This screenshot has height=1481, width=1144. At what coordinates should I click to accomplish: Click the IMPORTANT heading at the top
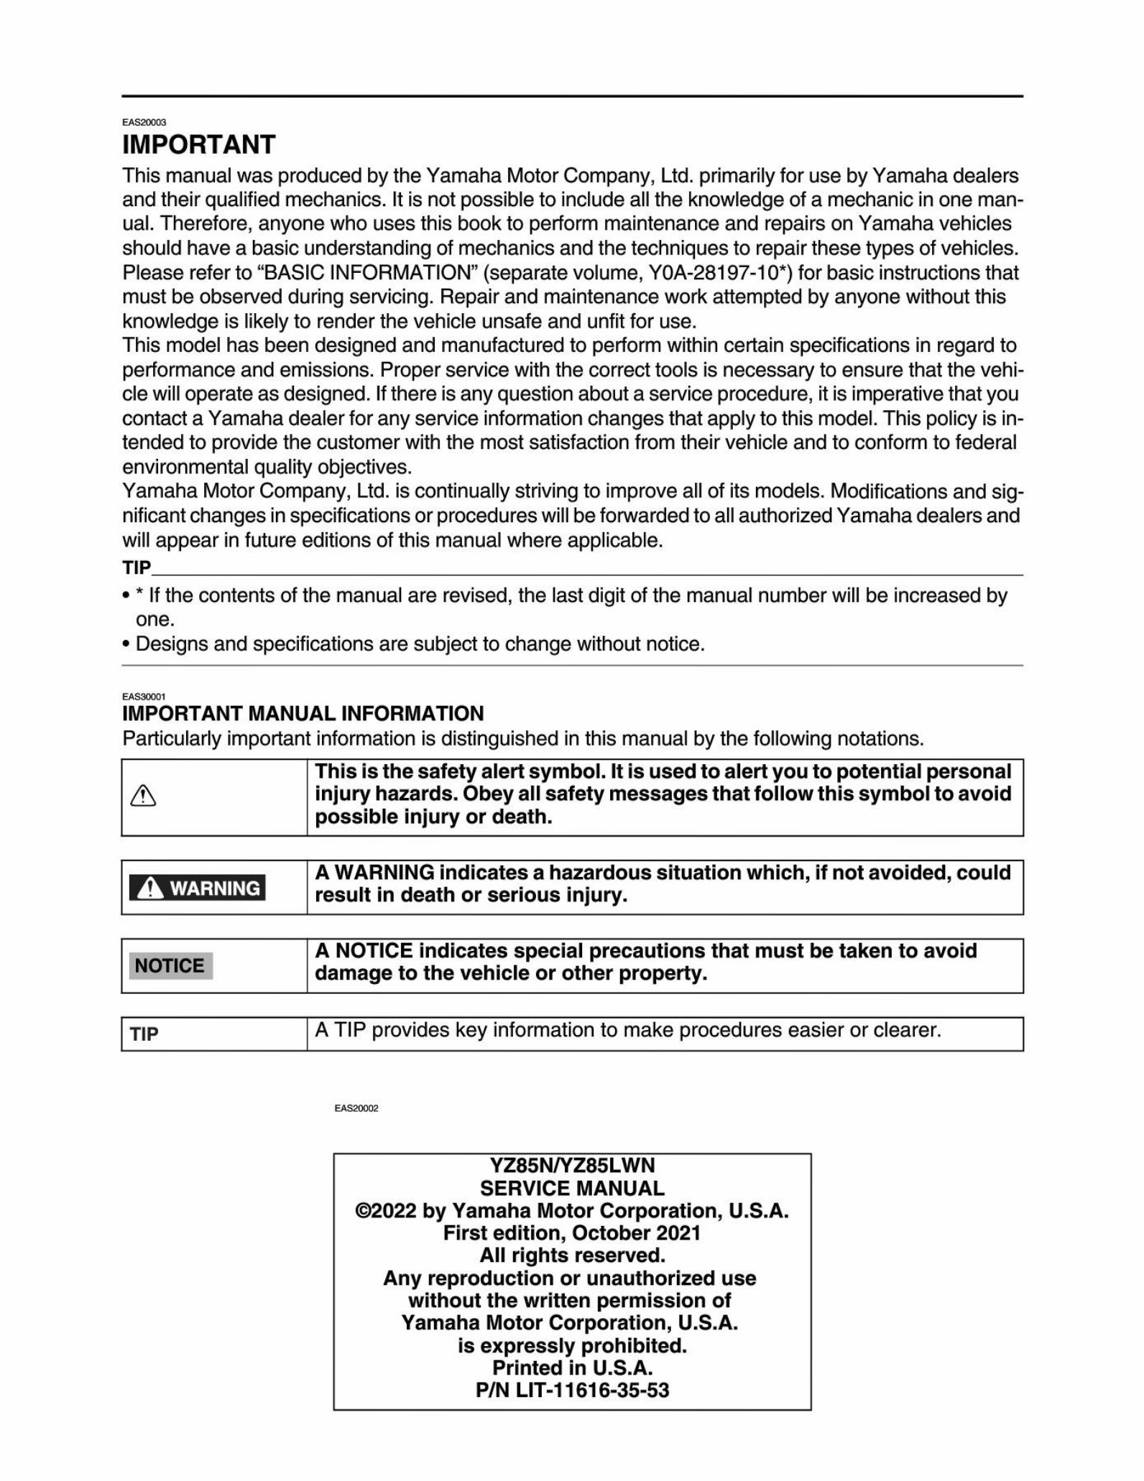(x=198, y=145)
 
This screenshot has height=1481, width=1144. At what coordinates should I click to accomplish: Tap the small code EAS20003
(x=144, y=123)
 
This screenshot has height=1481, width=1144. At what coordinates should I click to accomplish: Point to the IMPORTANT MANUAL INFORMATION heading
(x=303, y=713)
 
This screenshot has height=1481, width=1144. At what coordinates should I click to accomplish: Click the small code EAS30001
(x=144, y=697)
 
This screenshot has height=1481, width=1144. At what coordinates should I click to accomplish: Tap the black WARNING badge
(x=197, y=888)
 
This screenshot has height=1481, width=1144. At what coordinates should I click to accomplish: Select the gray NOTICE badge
(x=170, y=965)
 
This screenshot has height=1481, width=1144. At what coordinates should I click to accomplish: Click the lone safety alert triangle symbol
(x=144, y=796)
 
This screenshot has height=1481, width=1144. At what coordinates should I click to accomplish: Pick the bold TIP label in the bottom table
(x=144, y=1034)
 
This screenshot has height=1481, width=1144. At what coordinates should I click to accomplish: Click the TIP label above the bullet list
(x=137, y=568)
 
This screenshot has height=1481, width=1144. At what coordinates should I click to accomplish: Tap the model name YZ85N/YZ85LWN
(x=572, y=1165)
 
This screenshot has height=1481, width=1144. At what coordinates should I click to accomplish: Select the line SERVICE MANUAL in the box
(x=572, y=1188)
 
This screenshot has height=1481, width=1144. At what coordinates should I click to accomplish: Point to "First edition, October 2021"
(x=572, y=1233)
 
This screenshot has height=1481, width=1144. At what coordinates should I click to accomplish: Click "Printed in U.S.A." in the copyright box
(x=572, y=1368)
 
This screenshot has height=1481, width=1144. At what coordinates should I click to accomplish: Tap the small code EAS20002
(x=356, y=1108)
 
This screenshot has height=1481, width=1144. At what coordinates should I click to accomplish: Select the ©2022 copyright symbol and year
(x=385, y=1211)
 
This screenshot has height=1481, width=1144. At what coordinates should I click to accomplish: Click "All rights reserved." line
(x=572, y=1255)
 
